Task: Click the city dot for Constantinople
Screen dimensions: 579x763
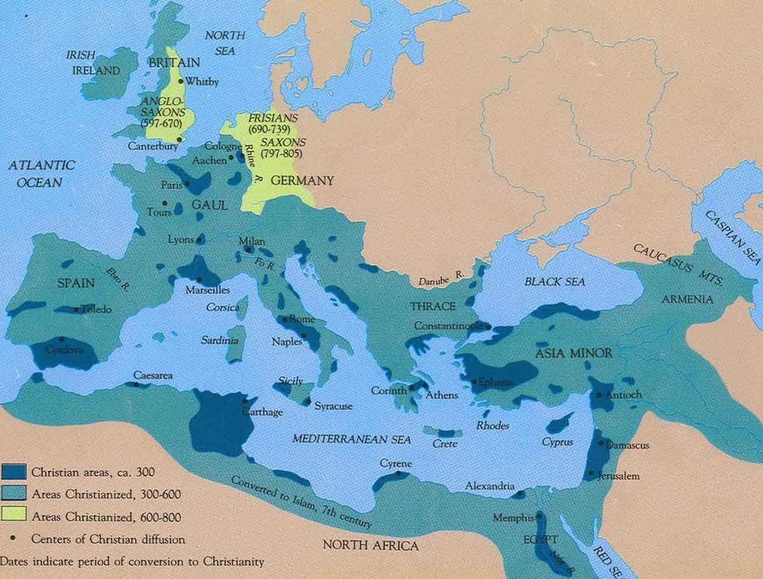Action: [488, 326]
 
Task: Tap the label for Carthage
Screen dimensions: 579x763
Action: [262, 412]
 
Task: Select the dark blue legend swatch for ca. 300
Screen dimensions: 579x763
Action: [13, 471]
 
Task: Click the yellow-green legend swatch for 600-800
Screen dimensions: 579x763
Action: [13, 516]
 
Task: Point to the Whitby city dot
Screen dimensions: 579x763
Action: [181, 81]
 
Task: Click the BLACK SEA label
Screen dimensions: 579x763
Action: [555, 281]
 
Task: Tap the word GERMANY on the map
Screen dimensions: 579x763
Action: [301, 181]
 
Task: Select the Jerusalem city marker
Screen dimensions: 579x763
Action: [591, 473]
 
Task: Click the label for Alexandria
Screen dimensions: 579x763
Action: [490, 485]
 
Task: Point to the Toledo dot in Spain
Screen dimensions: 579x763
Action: [76, 309]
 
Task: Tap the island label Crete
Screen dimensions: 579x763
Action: [445, 443]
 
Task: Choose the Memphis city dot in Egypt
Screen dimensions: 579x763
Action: [539, 516]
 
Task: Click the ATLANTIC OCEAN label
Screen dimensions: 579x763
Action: [41, 173]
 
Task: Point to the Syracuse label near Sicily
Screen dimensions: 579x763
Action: [333, 407]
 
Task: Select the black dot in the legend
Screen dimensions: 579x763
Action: [13, 539]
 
